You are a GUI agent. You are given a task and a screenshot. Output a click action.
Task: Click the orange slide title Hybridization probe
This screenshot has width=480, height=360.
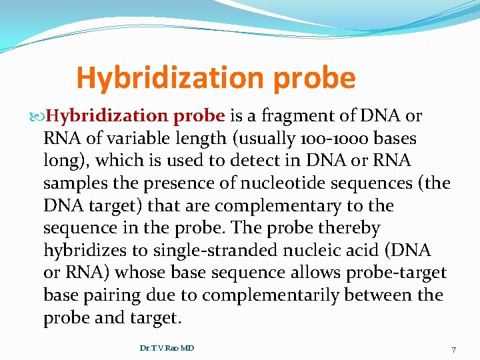tap(216, 78)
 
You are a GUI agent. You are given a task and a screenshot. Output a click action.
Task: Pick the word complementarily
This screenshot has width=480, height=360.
tap(275, 295)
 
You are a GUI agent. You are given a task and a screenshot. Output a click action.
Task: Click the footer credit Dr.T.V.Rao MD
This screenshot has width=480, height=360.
tap(167, 348)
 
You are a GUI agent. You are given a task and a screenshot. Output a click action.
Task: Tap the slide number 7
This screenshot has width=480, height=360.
tap(453, 349)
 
